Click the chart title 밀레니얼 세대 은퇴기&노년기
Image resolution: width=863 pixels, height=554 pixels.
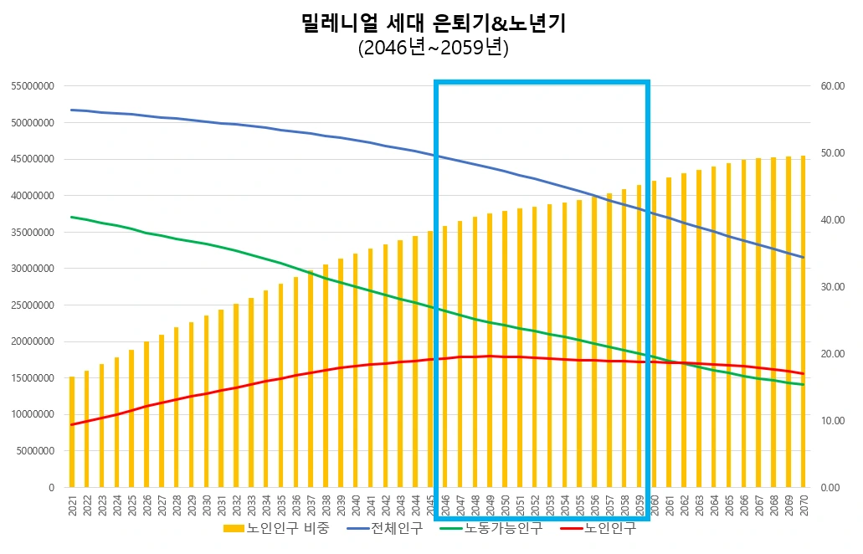433,23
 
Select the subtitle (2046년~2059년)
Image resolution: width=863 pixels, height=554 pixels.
433,49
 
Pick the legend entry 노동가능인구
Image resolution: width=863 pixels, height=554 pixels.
493,528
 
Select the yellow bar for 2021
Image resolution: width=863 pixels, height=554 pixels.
72,432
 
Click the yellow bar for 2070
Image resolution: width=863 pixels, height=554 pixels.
804,321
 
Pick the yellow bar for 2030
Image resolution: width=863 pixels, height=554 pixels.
206,401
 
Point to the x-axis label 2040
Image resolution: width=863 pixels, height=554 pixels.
356,505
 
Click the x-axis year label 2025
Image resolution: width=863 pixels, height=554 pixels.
131,505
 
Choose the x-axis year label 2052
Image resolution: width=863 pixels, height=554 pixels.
535,505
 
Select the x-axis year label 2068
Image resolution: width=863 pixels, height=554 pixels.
773,505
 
